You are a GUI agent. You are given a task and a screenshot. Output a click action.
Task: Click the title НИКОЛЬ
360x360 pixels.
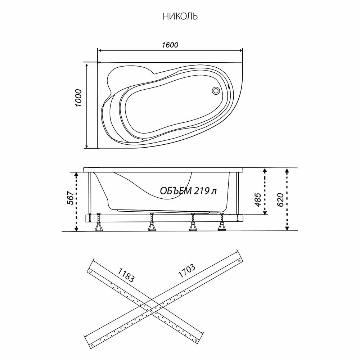pos(180,17)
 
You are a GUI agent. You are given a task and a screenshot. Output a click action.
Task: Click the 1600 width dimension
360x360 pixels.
pos(170,45)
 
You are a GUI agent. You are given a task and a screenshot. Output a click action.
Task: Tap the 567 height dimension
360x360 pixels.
pos(71,198)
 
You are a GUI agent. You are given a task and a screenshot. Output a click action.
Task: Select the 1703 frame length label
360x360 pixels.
pos(186,273)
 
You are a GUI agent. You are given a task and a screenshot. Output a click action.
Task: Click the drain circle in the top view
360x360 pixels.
pos(216,90)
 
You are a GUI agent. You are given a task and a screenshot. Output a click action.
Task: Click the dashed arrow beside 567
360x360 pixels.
pos(76,201)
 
